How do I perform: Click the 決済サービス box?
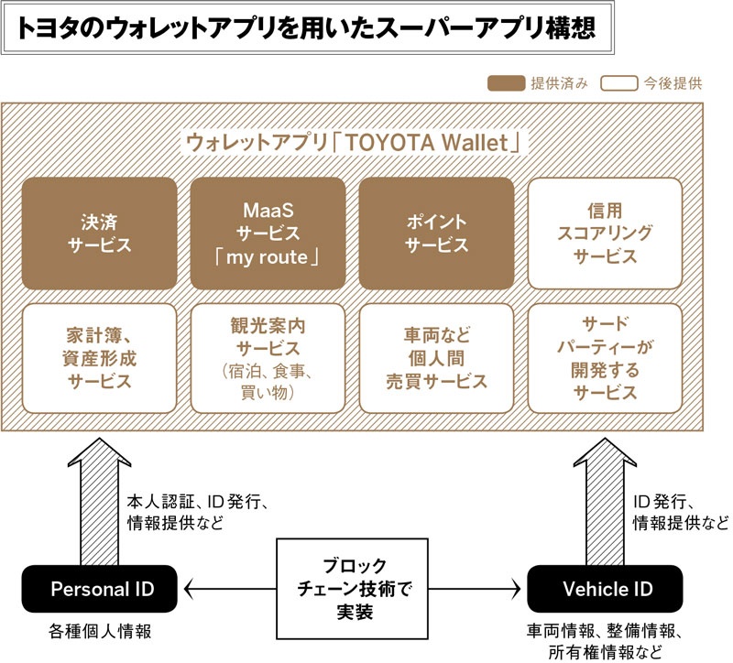pos(99,234)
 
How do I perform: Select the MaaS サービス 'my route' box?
pos(268,234)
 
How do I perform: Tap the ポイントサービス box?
pos(436,234)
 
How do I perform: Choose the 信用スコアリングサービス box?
pos(606,234)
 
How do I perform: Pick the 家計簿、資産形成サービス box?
pos(99,357)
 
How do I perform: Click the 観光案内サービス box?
pos(268,357)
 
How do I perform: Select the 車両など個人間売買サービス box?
pos(436,357)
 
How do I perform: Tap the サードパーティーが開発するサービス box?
pos(606,357)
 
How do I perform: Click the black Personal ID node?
pos(101,588)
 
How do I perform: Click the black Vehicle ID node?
pos(606,588)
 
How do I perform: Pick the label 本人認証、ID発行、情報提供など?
pos(196,513)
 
